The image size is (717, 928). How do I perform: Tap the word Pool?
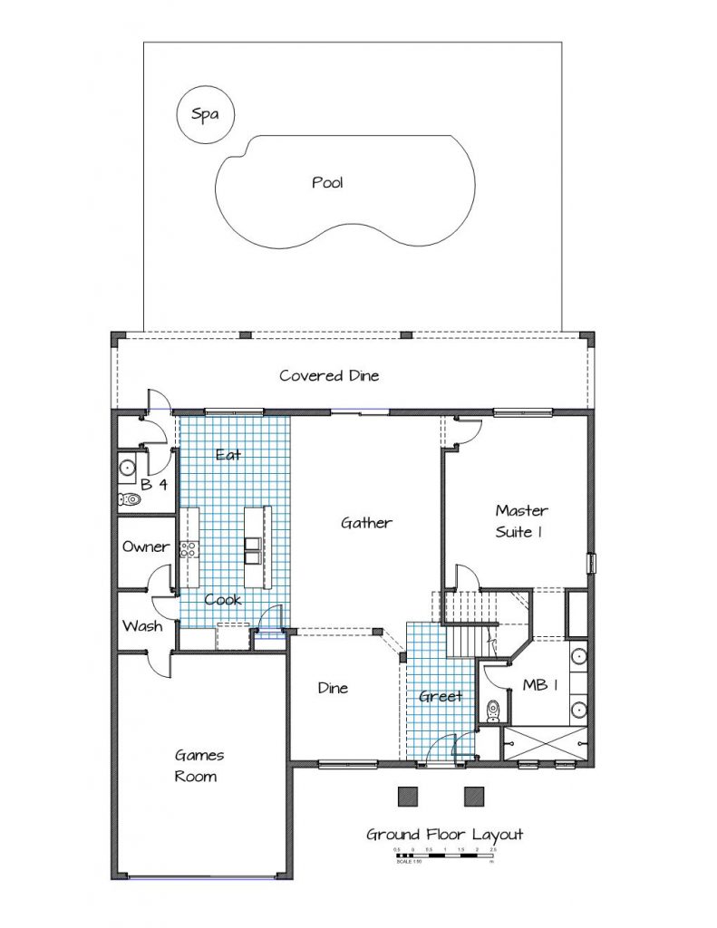point(327,182)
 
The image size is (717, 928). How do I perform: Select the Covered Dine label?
point(329,375)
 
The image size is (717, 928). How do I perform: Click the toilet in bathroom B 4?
point(131,498)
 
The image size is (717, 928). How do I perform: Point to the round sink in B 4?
point(127,469)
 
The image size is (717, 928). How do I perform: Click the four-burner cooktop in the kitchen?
point(189,547)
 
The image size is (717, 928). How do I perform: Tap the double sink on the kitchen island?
point(253,546)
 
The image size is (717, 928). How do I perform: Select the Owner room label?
point(145,546)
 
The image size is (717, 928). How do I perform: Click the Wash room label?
point(142,626)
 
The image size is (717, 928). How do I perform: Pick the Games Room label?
point(199,765)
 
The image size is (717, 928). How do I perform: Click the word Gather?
point(366,523)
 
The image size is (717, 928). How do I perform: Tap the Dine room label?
point(333,688)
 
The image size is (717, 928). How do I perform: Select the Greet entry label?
point(441,696)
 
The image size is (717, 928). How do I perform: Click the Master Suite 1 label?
point(520,521)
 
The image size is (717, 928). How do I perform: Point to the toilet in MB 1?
point(494,708)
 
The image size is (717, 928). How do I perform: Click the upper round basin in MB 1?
point(578,659)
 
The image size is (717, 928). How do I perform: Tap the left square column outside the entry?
point(409,796)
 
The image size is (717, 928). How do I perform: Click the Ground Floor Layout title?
point(444,834)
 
